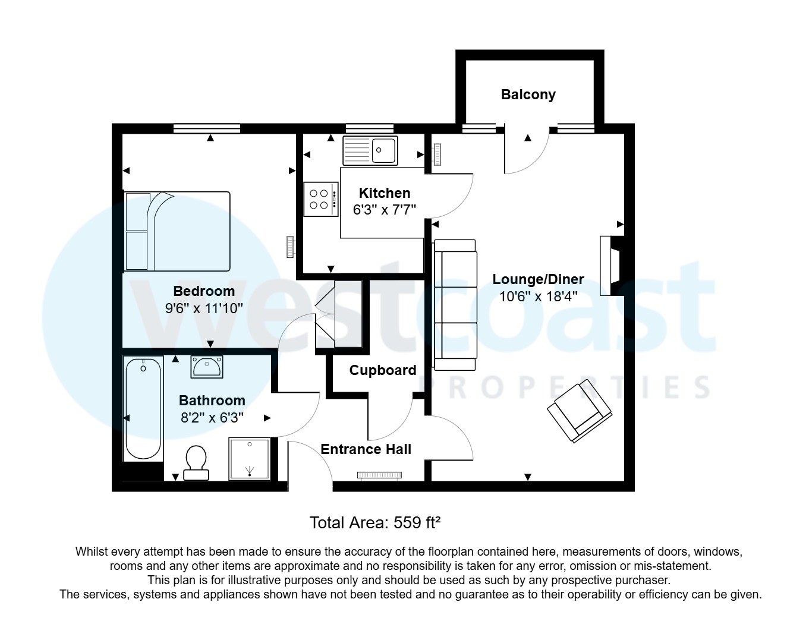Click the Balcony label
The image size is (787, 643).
click(528, 94)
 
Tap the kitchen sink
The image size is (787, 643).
click(370, 150)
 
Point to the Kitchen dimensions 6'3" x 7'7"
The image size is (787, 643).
click(384, 210)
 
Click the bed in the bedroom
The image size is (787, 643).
click(177, 231)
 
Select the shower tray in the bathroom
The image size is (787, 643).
click(250, 459)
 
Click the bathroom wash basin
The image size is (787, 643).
click(206, 367)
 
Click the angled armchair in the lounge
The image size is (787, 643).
click(580, 411)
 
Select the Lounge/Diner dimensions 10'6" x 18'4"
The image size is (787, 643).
click(538, 297)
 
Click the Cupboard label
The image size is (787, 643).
click(382, 370)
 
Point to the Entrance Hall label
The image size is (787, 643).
click(366, 449)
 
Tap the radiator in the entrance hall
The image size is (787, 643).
click(379, 475)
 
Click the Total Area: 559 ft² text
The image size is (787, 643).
click(374, 523)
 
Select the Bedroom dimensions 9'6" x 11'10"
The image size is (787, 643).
click(204, 308)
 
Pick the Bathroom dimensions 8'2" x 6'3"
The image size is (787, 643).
click(212, 418)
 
